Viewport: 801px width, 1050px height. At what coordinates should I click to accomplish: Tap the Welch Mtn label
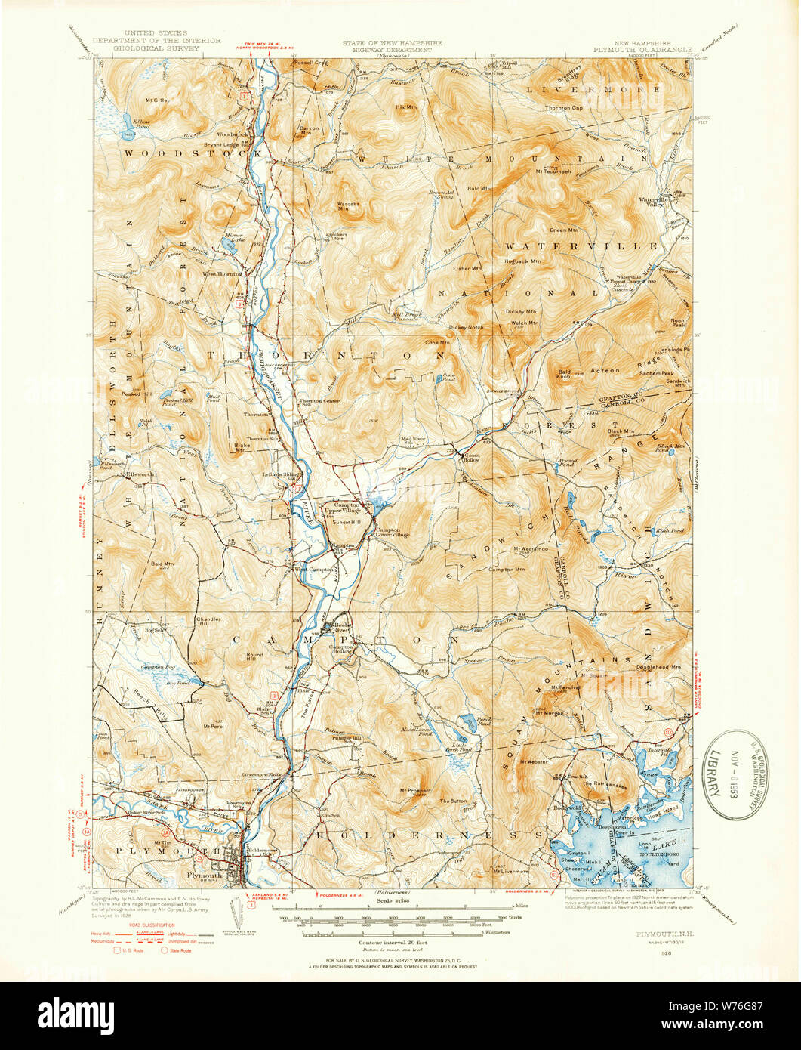pyautogui.click(x=523, y=323)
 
